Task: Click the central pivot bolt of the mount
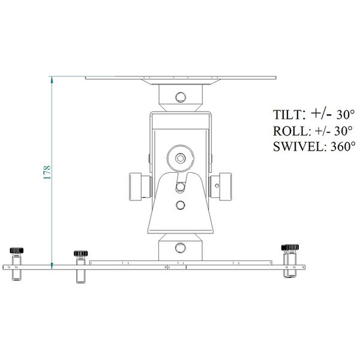[180, 158]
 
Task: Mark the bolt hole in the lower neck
[180, 247]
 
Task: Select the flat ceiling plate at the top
[180, 79]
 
